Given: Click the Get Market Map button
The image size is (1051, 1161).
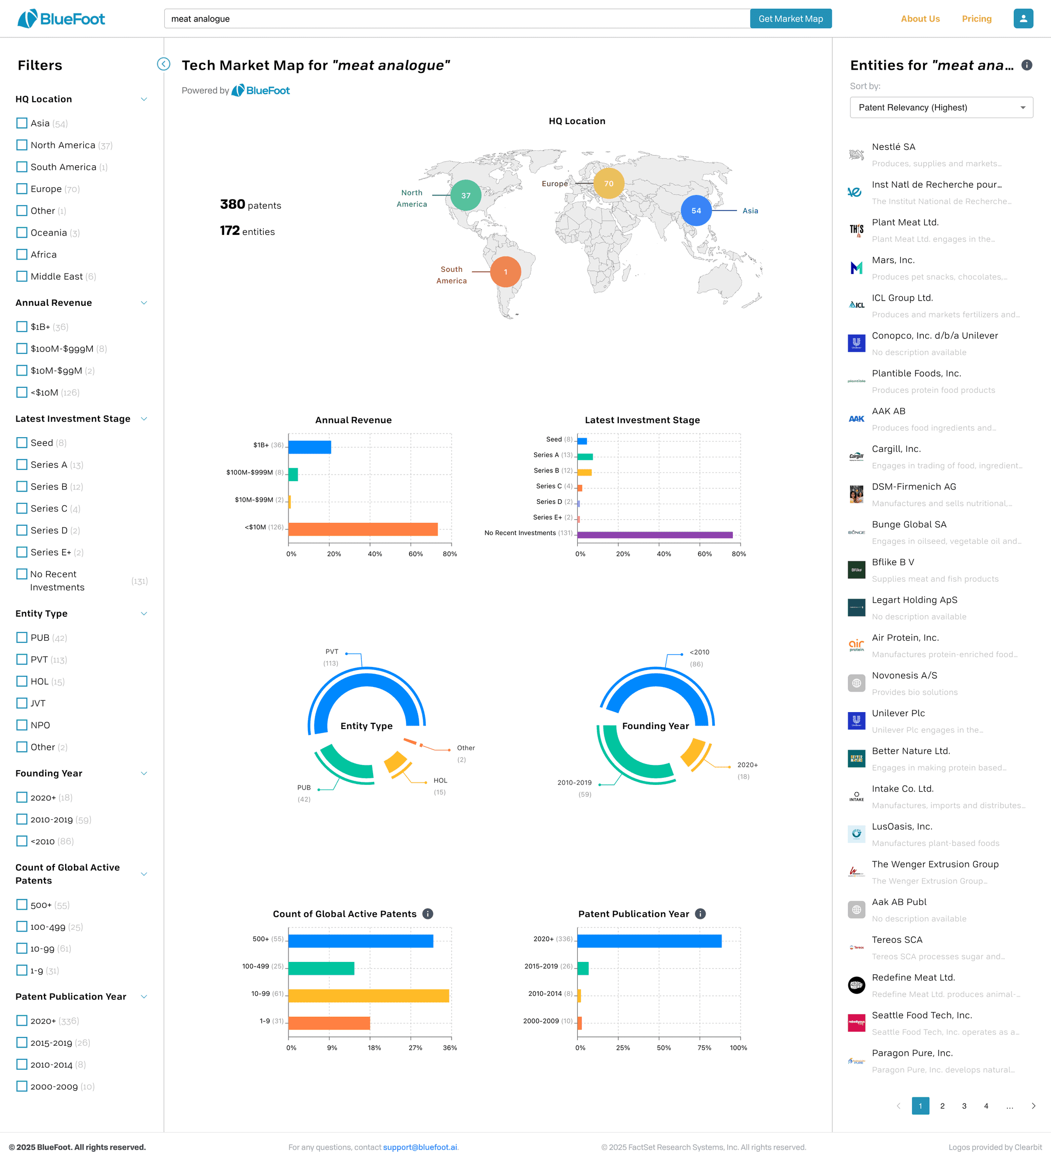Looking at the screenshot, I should tap(790, 18).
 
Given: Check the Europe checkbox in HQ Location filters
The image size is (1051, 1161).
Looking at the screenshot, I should tap(22, 189).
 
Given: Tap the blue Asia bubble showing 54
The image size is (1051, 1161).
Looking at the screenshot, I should tap(696, 211).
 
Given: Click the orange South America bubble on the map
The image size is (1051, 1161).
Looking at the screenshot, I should tap(505, 272).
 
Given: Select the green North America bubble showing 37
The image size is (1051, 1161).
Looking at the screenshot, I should tap(465, 195).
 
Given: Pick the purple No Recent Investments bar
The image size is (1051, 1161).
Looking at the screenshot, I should tap(655, 535).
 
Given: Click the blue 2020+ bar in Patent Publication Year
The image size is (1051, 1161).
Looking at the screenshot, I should tap(649, 941).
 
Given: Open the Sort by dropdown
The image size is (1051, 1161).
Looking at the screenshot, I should tap(941, 108).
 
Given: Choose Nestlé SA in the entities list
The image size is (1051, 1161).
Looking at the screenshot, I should tap(893, 147).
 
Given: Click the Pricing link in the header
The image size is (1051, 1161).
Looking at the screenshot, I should tap(976, 19).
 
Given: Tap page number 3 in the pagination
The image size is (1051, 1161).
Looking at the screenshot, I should tap(964, 1106).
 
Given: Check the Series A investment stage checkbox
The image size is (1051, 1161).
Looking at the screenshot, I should tap(22, 465).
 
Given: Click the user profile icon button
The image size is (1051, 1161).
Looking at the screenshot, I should tap(1023, 18).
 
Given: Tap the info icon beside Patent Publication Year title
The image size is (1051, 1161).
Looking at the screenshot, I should tap(700, 914).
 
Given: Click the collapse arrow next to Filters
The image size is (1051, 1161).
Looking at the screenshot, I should tap(164, 64).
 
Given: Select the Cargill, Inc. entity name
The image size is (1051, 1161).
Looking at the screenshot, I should tap(896, 449).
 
